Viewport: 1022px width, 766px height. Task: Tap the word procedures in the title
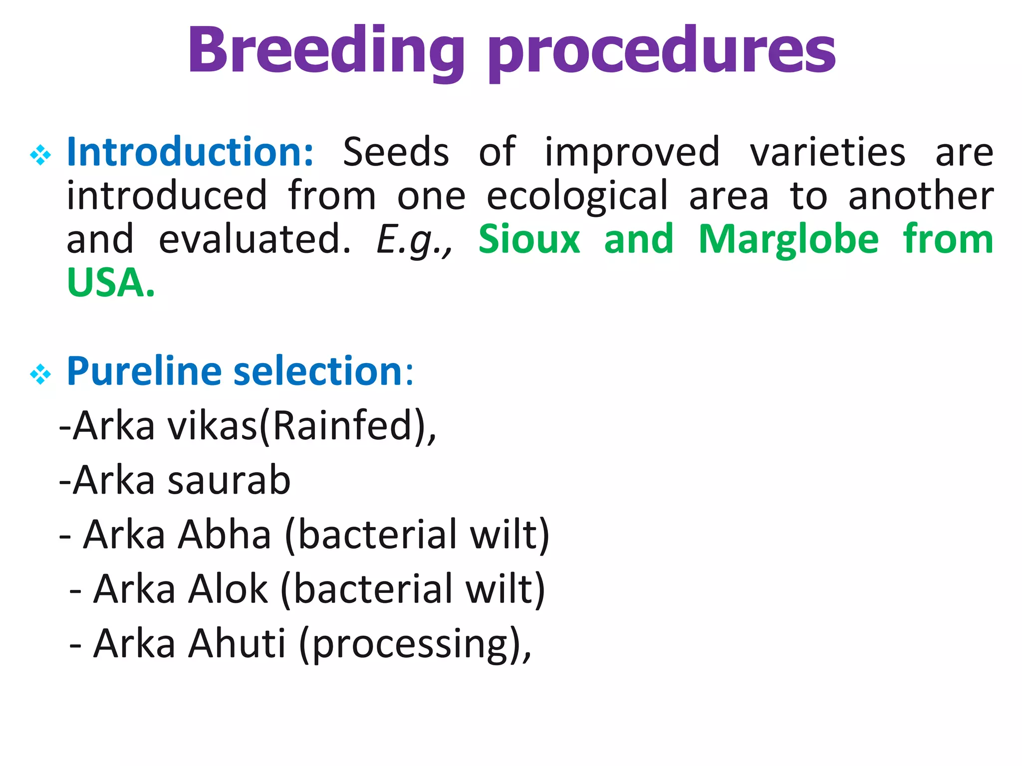click(662, 51)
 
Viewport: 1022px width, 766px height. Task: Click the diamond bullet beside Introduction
click(40, 155)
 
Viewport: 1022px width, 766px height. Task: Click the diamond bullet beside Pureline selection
click(40, 375)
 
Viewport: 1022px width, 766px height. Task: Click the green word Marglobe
click(788, 240)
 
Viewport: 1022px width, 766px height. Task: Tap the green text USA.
click(111, 283)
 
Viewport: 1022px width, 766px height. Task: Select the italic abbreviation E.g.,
click(414, 241)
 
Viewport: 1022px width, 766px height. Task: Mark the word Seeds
click(396, 152)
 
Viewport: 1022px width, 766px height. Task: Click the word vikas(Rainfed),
click(301, 427)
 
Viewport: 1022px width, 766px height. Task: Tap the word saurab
click(229, 480)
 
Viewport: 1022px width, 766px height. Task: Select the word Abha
click(225, 535)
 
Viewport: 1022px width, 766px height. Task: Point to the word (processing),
click(415, 645)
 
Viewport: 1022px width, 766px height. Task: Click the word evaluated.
click(255, 240)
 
